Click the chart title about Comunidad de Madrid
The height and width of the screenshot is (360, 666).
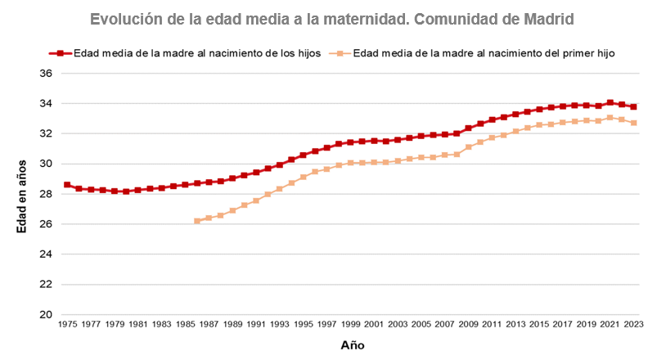click(x=333, y=18)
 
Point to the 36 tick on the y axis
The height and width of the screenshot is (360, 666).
click(x=46, y=74)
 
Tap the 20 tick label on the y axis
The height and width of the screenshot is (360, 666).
click(x=46, y=315)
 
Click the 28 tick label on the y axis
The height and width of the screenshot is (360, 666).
click(x=46, y=195)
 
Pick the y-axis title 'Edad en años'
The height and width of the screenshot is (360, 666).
click(x=22, y=194)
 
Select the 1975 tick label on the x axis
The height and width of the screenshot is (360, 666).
click(x=67, y=325)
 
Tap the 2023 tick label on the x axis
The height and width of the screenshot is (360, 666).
click(x=633, y=325)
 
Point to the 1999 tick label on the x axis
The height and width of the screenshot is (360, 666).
click(x=350, y=325)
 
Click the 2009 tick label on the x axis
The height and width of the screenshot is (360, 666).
click(x=468, y=325)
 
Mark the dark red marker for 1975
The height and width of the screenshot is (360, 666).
click(x=67, y=185)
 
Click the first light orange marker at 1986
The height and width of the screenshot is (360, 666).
click(x=197, y=221)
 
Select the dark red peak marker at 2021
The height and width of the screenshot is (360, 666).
click(x=610, y=103)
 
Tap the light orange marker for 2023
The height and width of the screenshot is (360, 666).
click(x=633, y=123)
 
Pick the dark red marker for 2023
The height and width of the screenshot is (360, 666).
click(x=633, y=106)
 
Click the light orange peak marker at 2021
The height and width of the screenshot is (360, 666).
click(x=610, y=118)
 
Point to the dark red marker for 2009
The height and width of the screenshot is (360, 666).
click(x=468, y=128)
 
